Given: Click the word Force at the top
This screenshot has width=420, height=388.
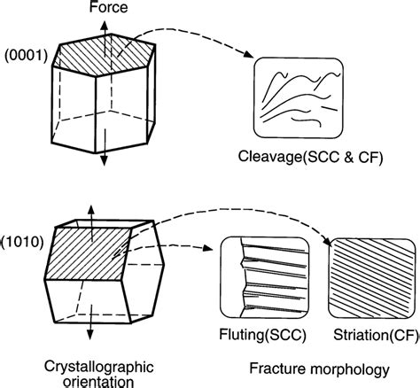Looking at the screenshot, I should pyautogui.click(x=104, y=8).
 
